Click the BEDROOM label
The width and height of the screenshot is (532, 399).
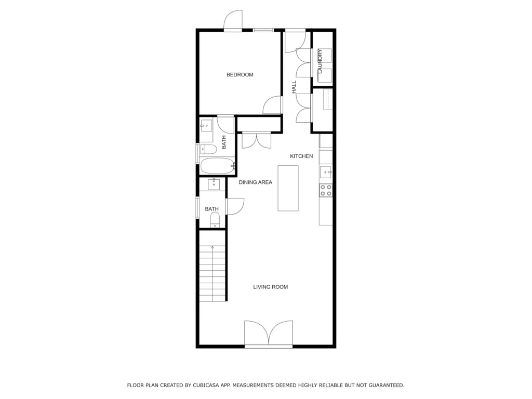240,75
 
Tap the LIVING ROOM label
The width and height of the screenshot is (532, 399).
270,287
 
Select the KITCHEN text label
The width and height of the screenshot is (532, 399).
301,156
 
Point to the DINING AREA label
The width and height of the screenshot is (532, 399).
255,182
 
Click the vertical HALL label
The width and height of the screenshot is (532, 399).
294,87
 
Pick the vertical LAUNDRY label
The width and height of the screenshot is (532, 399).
320,61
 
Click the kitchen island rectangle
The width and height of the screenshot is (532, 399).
288,188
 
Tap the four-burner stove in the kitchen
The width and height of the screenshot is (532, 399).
326,190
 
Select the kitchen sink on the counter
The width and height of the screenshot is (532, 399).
326,172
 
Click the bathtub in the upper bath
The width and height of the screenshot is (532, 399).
218,166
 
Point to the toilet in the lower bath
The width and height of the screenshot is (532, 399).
215,220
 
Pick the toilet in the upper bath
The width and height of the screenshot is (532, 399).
208,149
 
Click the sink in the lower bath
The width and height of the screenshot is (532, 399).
214,184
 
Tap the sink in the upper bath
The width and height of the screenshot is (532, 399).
206,126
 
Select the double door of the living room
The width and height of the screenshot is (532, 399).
269,333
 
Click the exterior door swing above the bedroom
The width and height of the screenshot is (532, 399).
233,20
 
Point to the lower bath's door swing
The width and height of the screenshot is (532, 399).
235,206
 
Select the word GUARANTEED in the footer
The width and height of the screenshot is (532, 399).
387,385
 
